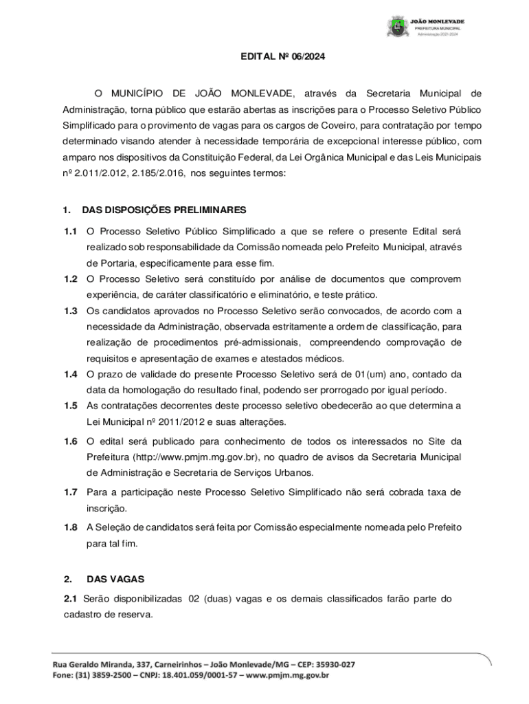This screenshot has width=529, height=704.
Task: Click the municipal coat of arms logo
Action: coord(398,27)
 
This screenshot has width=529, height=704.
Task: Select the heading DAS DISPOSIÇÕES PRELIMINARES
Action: coord(164,210)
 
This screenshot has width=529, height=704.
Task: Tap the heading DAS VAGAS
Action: coord(115,580)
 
